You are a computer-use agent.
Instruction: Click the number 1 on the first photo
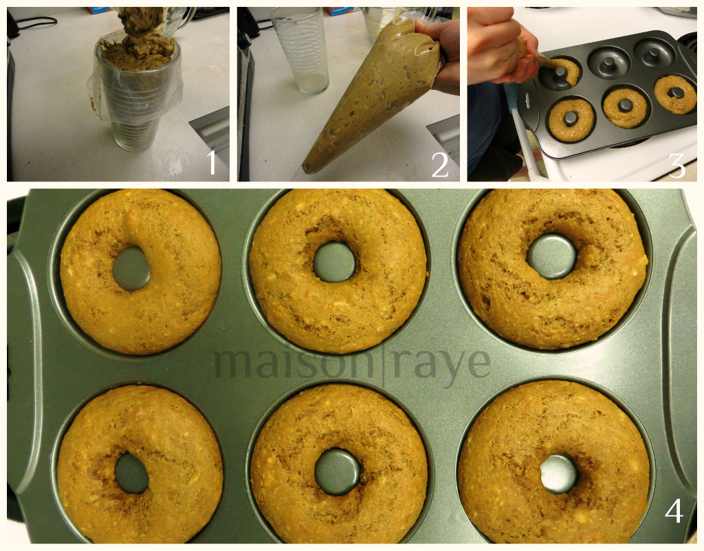tap(212, 162)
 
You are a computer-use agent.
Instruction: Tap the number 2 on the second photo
tap(439, 165)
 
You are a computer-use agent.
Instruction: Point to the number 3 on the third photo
tap(676, 166)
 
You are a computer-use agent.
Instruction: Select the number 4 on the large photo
tap(674, 510)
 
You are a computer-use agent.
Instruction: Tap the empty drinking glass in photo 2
tap(300, 50)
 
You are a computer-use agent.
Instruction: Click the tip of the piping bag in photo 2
tap(306, 170)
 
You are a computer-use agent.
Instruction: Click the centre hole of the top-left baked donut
tap(131, 269)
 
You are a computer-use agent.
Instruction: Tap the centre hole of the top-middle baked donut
tap(334, 262)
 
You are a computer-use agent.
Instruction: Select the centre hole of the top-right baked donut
tap(551, 257)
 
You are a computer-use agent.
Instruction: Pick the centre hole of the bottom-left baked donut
tap(131, 473)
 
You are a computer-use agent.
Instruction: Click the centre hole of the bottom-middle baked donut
tap(338, 472)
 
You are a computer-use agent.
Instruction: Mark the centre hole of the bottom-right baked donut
tap(558, 474)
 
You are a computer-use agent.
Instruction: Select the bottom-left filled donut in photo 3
tap(571, 120)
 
